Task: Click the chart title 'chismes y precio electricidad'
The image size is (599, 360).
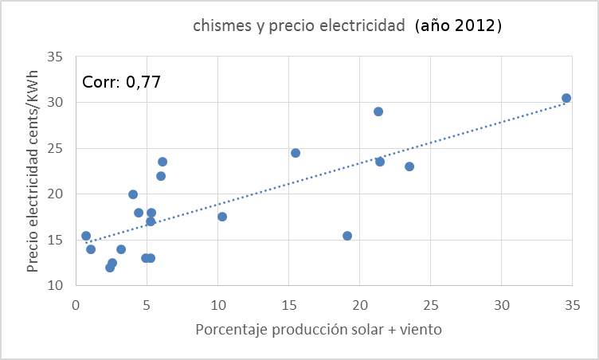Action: pos(299,26)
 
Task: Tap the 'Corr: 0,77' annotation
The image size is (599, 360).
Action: pos(122,82)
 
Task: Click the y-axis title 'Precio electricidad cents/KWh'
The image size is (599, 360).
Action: pos(33,170)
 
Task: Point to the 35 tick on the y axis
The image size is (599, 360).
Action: pos(55,57)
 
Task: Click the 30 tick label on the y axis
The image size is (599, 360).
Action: pos(55,103)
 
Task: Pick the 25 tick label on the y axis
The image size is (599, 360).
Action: pos(55,149)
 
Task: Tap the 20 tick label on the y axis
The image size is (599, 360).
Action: pos(55,194)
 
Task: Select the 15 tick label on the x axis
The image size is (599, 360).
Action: pos(288,303)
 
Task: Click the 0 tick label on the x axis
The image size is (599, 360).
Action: pos(76,303)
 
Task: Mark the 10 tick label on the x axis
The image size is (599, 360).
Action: pos(217,303)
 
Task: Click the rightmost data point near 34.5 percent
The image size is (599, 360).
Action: pos(566,98)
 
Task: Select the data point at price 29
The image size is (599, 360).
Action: pos(378,112)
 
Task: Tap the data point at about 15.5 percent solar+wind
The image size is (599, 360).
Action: pos(296,153)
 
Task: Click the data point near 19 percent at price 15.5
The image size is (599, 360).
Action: pos(347,236)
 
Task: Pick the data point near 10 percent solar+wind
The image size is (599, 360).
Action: pos(222,217)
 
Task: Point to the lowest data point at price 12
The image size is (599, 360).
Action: pos(110,268)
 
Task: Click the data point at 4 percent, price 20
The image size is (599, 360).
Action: pos(133,194)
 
